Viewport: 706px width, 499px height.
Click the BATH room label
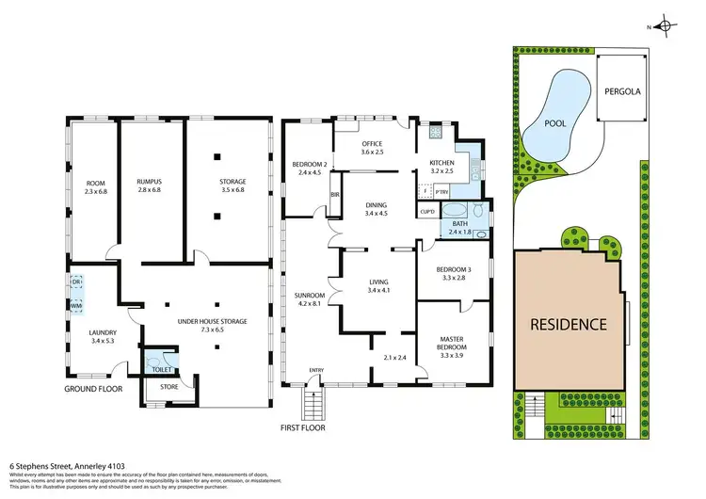click(458, 223)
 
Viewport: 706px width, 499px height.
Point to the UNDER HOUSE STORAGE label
click(213, 321)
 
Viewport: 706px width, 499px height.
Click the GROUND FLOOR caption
click(94, 389)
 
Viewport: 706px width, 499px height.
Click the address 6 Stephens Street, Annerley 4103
click(67, 464)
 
